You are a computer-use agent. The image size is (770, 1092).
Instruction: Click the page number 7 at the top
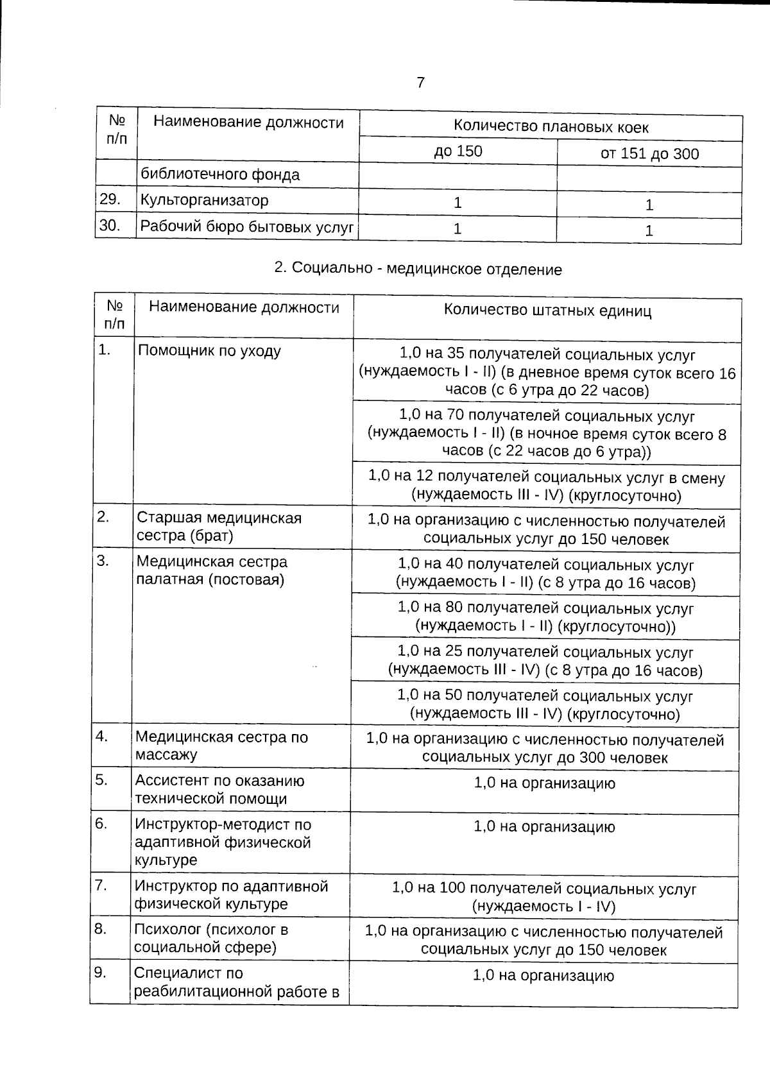(420, 83)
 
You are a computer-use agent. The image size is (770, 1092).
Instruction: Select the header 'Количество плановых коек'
(551, 126)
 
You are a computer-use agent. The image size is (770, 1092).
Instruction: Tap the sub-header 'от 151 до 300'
(649, 154)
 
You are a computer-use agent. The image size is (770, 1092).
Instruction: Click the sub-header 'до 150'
(458, 151)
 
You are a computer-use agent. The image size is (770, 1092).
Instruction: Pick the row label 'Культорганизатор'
(204, 200)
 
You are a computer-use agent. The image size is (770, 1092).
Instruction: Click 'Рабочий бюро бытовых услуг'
(247, 227)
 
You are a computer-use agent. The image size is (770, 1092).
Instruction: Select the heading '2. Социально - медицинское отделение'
(418, 269)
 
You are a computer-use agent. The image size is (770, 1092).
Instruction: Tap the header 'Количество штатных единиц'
(547, 311)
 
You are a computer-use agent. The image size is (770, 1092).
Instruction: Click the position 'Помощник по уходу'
(209, 351)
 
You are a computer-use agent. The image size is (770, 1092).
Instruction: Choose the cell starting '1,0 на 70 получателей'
(547, 434)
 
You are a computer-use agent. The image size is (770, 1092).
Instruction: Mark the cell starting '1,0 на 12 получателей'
(547, 486)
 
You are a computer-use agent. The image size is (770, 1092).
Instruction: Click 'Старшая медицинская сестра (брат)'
(219, 526)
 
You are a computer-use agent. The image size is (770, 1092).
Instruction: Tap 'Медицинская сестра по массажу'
(221, 746)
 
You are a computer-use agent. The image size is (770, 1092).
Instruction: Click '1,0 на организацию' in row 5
(544, 783)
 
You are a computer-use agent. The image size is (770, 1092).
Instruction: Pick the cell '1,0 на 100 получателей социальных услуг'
(543, 897)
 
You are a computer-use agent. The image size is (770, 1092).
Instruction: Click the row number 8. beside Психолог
(101, 928)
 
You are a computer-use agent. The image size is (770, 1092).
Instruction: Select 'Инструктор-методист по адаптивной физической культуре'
(223, 842)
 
